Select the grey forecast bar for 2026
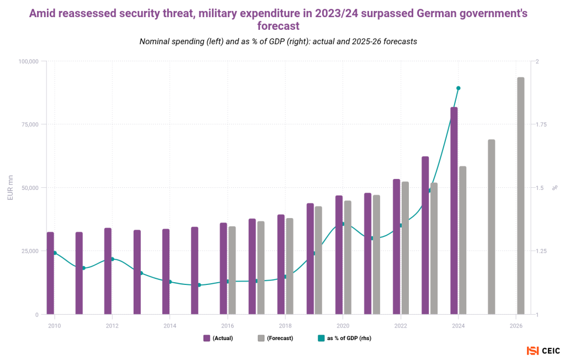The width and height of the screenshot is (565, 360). point(520,196)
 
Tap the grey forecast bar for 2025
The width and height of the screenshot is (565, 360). point(491,226)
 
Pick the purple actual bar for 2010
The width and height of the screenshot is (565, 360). point(50,273)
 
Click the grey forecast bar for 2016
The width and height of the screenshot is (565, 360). point(232,270)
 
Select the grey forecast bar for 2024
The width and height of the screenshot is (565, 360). point(462,240)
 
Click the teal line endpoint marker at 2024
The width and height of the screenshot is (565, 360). point(458,88)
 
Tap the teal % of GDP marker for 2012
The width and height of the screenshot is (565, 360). point(112,259)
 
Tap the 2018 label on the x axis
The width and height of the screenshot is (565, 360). point(285,325)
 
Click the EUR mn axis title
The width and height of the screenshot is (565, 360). point(10,188)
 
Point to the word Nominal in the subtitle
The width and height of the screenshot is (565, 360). point(157,41)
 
